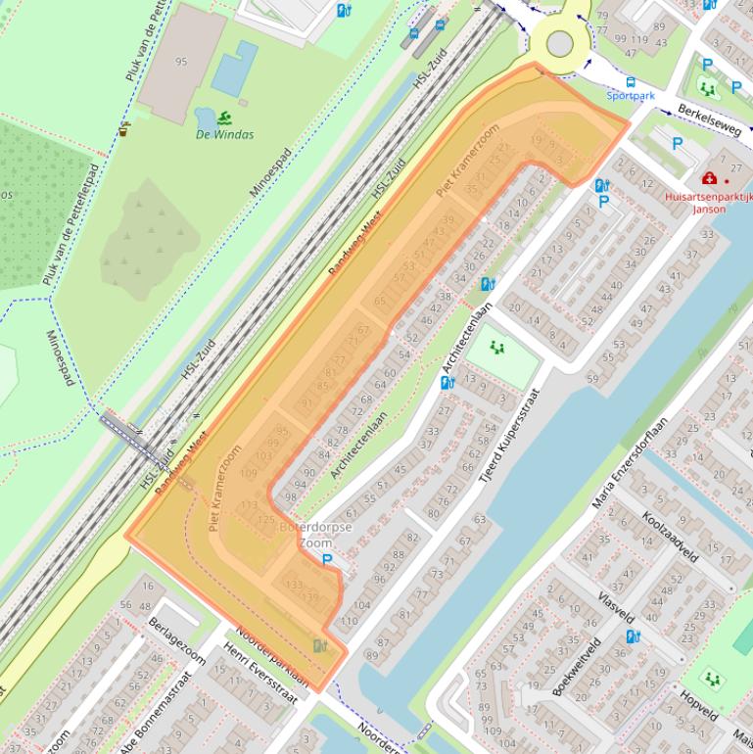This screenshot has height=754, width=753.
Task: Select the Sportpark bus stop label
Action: click(x=630, y=96)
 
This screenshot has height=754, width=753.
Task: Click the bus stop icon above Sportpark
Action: click(x=630, y=83)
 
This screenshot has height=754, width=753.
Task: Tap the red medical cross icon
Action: click(x=708, y=179)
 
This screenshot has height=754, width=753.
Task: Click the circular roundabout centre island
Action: click(x=559, y=43)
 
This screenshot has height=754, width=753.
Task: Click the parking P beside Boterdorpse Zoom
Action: click(x=327, y=559)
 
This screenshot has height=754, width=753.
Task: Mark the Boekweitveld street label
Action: click(x=576, y=666)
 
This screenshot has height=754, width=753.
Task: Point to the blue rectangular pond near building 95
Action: click(x=234, y=73)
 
